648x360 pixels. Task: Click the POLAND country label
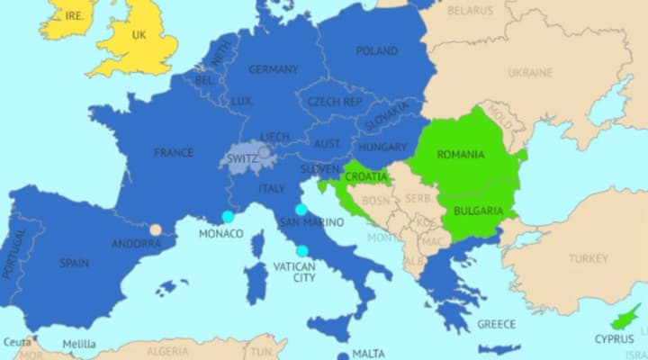376,51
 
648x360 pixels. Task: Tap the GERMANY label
274,69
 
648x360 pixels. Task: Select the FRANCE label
174,152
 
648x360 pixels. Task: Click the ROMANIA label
460,155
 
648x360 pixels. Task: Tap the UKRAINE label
530,72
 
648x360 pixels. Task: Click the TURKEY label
589,258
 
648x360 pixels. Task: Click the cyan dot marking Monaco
228,217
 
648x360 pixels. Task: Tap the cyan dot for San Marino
301,209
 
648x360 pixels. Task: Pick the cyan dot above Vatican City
301,251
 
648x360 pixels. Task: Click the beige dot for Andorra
156,229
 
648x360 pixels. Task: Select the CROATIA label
366,177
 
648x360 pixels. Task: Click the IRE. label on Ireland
75,16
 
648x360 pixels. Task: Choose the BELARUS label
471,10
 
